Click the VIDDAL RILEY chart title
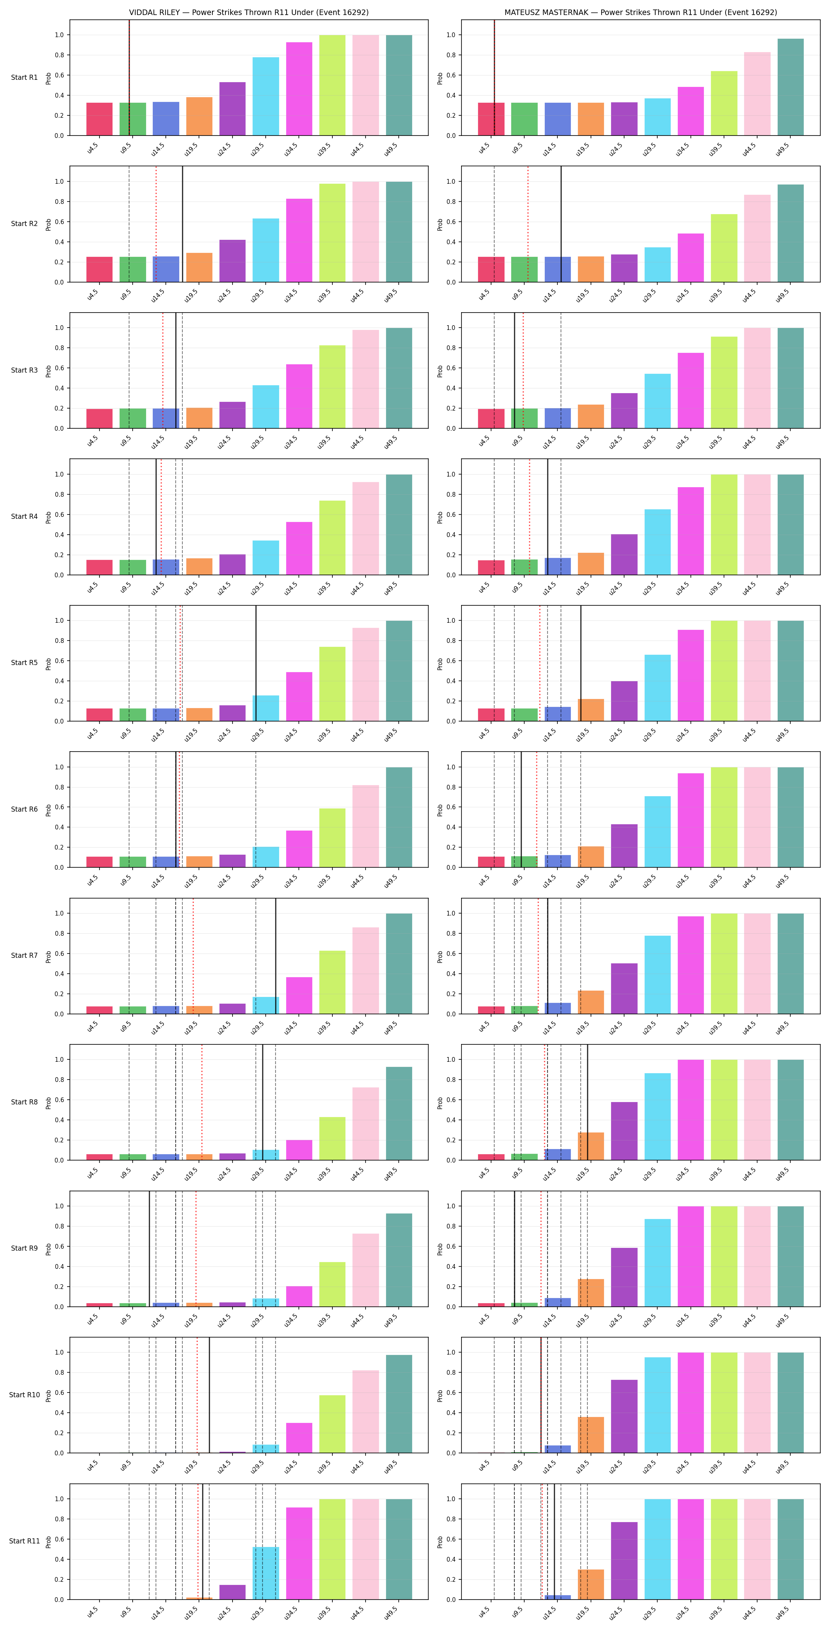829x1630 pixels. (x=249, y=12)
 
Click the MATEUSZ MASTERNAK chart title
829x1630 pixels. (x=641, y=12)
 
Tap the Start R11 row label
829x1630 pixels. (x=24, y=1541)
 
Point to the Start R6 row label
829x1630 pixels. (x=24, y=809)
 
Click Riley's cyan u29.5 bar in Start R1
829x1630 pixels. (x=266, y=96)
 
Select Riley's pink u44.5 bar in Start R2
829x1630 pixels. (x=366, y=232)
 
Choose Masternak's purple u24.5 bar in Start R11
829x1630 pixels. (x=624, y=1560)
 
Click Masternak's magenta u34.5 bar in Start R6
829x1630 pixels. (x=690, y=820)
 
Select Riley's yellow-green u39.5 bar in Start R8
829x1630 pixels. (x=332, y=1138)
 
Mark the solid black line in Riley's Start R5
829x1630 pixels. (x=256, y=663)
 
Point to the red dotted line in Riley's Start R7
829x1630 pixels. (x=193, y=956)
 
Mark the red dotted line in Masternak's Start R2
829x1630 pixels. (x=528, y=224)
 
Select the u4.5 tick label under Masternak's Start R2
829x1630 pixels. (x=484, y=295)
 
